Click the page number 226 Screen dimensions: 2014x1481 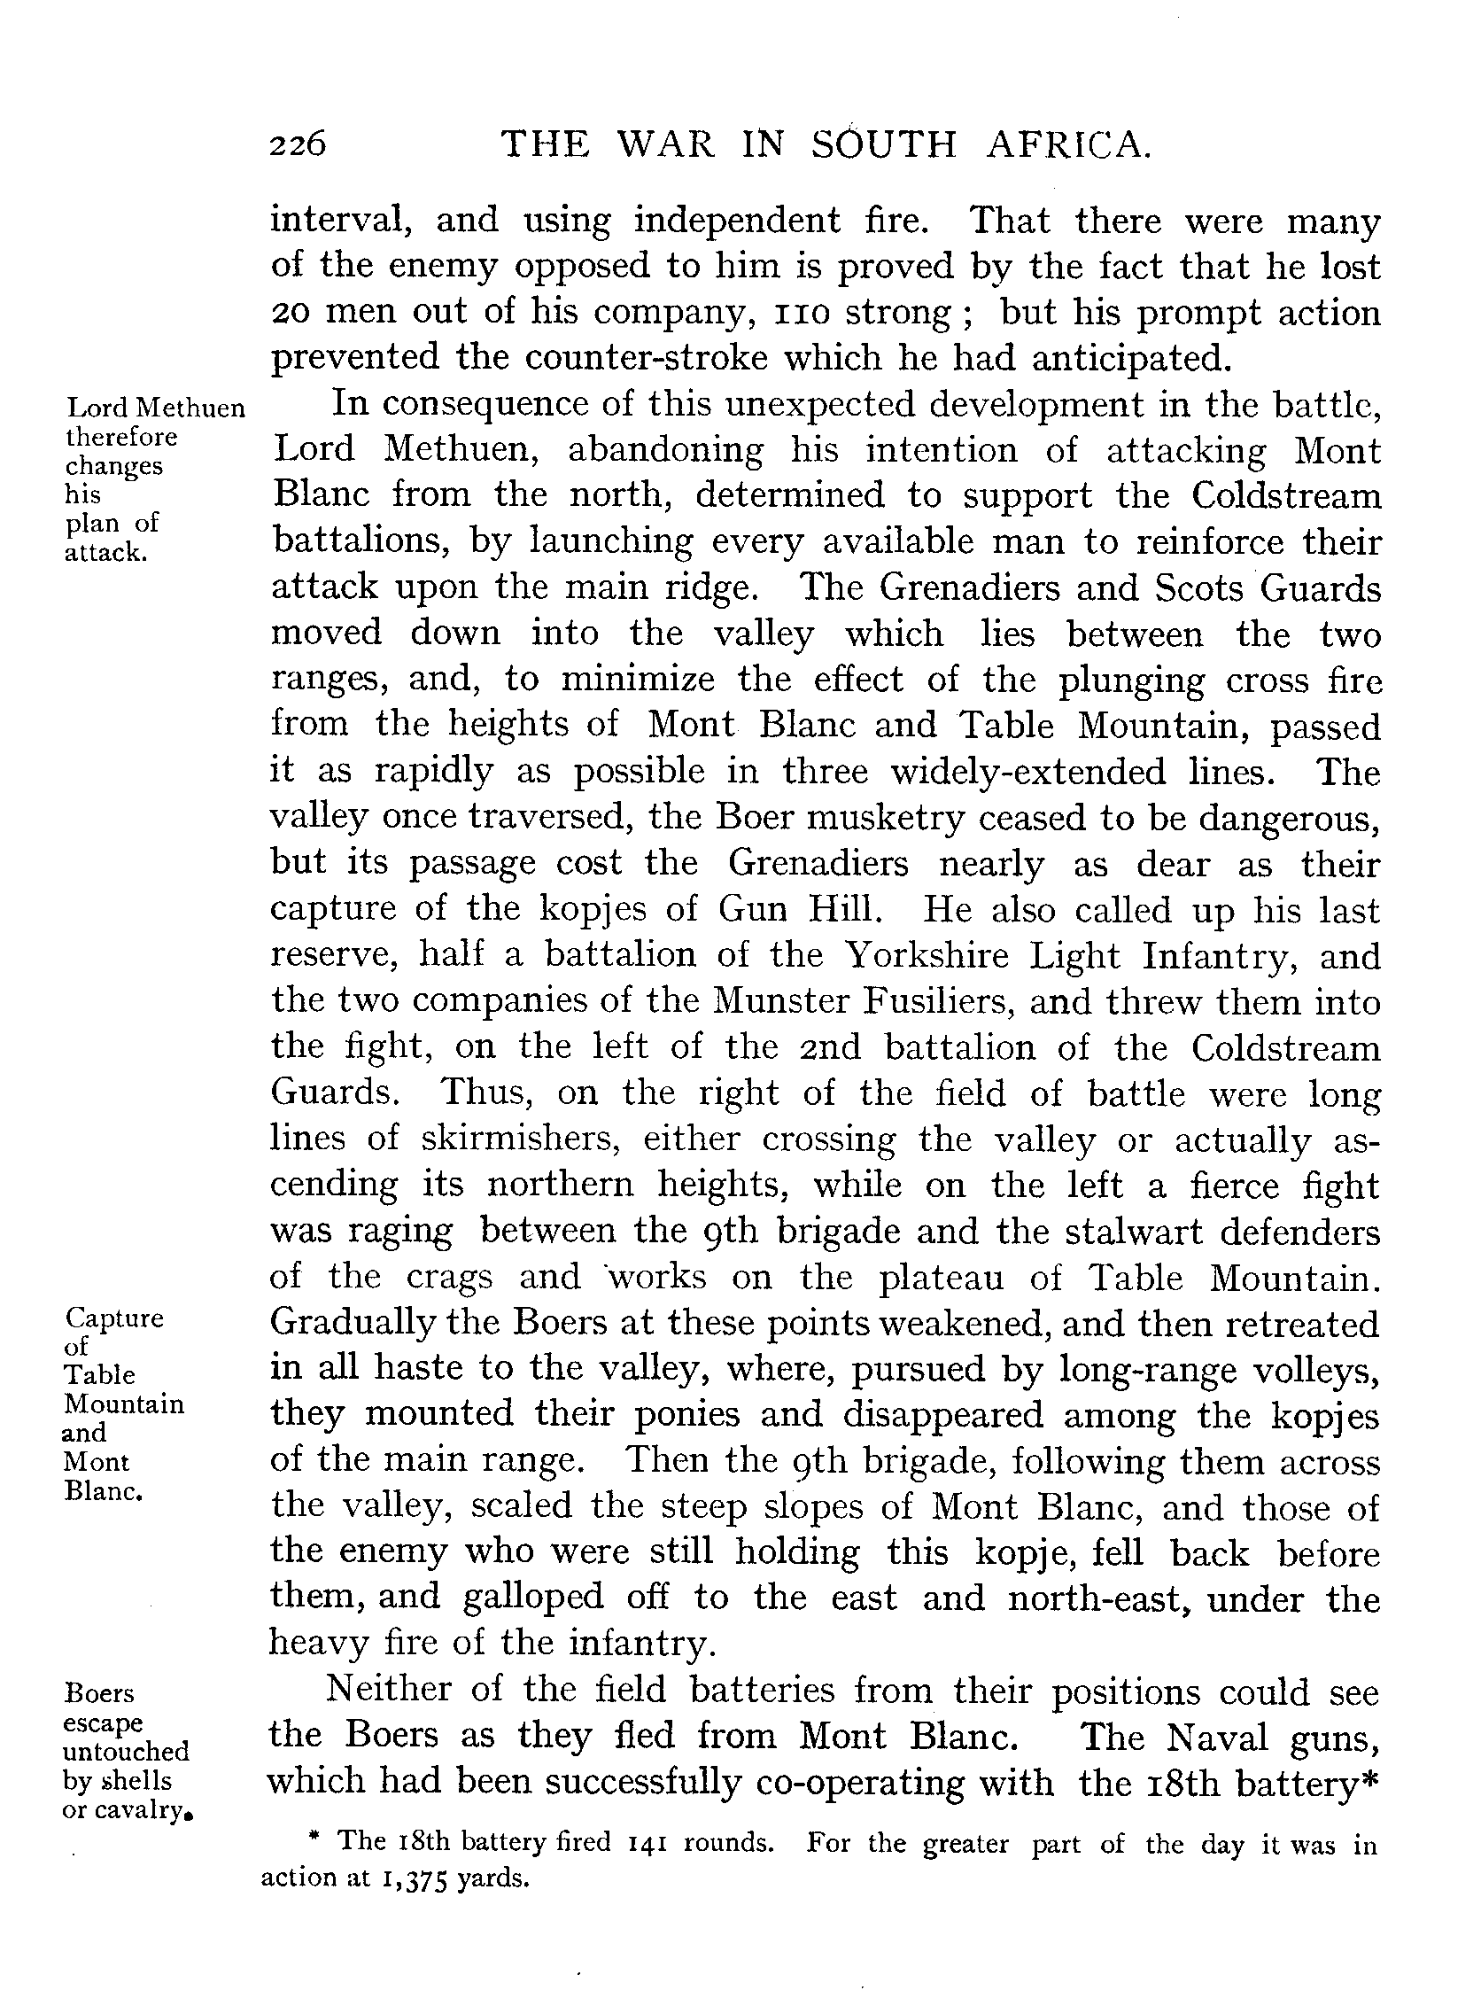[299, 144]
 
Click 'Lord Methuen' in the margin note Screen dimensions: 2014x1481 [156, 408]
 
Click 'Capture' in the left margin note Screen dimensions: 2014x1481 [115, 1318]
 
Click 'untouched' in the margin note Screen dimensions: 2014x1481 [126, 1751]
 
